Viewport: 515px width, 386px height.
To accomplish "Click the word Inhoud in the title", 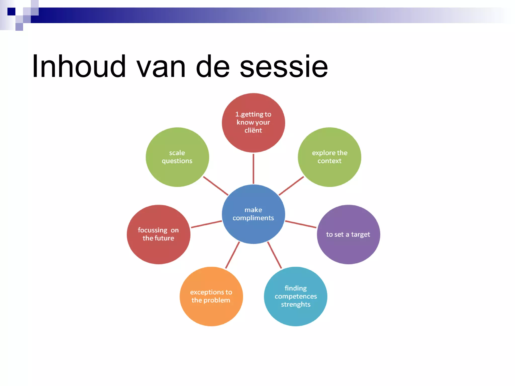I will pyautogui.click(x=79, y=67).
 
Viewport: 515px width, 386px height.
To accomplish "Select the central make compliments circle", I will pyautogui.click(x=253, y=214).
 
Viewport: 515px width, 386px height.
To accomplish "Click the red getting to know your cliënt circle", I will pyautogui.click(x=253, y=123).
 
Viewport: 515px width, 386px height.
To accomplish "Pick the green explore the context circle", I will pyautogui.click(x=329, y=157).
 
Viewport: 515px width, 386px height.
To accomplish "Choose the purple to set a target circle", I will pyautogui.click(x=348, y=234).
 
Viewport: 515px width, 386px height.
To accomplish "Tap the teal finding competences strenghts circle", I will pyautogui.click(x=295, y=296).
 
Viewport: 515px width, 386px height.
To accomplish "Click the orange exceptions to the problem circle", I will pyautogui.click(x=211, y=296).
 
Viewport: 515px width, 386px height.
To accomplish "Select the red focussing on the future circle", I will pyautogui.click(x=158, y=234).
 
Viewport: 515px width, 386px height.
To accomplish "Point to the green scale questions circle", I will pyautogui.click(x=177, y=157).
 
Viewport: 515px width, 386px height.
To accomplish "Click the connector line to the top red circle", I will pyautogui.click(x=253, y=168).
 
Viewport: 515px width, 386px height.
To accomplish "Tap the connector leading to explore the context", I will pyautogui.click(x=291, y=186).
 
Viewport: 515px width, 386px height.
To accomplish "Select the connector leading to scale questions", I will pyautogui.click(x=216, y=186).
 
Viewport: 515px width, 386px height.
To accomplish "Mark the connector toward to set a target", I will pyautogui.click(x=301, y=224).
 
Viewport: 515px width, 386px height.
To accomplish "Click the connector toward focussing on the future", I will pyautogui.click(x=206, y=224).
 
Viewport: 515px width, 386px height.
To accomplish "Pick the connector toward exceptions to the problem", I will pyautogui.click(x=232, y=255).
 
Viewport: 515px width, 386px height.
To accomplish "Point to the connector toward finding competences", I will pyautogui.click(x=274, y=255).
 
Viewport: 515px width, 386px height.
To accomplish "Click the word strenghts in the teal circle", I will pyautogui.click(x=296, y=305).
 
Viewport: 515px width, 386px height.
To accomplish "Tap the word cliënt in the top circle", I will pyautogui.click(x=253, y=130).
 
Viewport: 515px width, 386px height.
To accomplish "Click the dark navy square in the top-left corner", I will pyautogui.click(x=11, y=12).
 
